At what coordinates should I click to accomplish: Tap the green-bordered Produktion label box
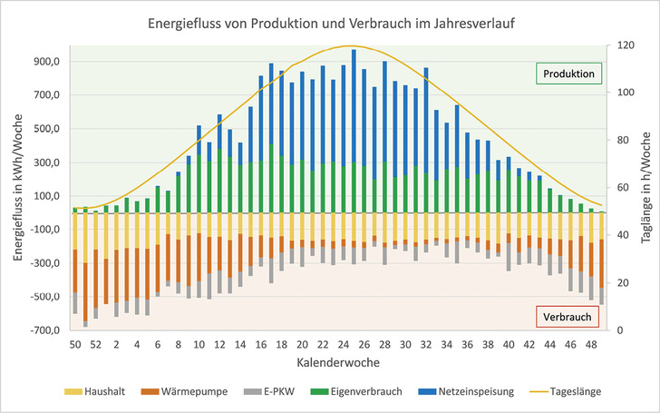pyautogui.click(x=568, y=73)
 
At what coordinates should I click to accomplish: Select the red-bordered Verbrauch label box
pyautogui.click(x=568, y=317)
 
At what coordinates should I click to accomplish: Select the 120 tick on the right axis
pyautogui.click(x=625, y=45)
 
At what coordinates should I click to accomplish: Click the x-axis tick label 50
pyautogui.click(x=75, y=345)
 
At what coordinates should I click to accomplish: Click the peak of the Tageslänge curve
pyautogui.click(x=352, y=45)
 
